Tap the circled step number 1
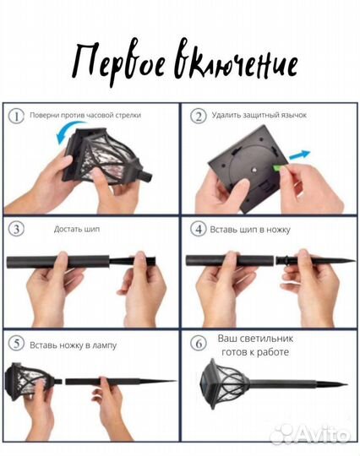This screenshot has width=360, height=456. (16, 116)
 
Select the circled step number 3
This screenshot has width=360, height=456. (16, 229)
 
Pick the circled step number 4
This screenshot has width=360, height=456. (197, 229)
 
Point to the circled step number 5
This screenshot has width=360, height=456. (16, 343)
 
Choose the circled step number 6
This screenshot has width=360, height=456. (197, 343)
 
